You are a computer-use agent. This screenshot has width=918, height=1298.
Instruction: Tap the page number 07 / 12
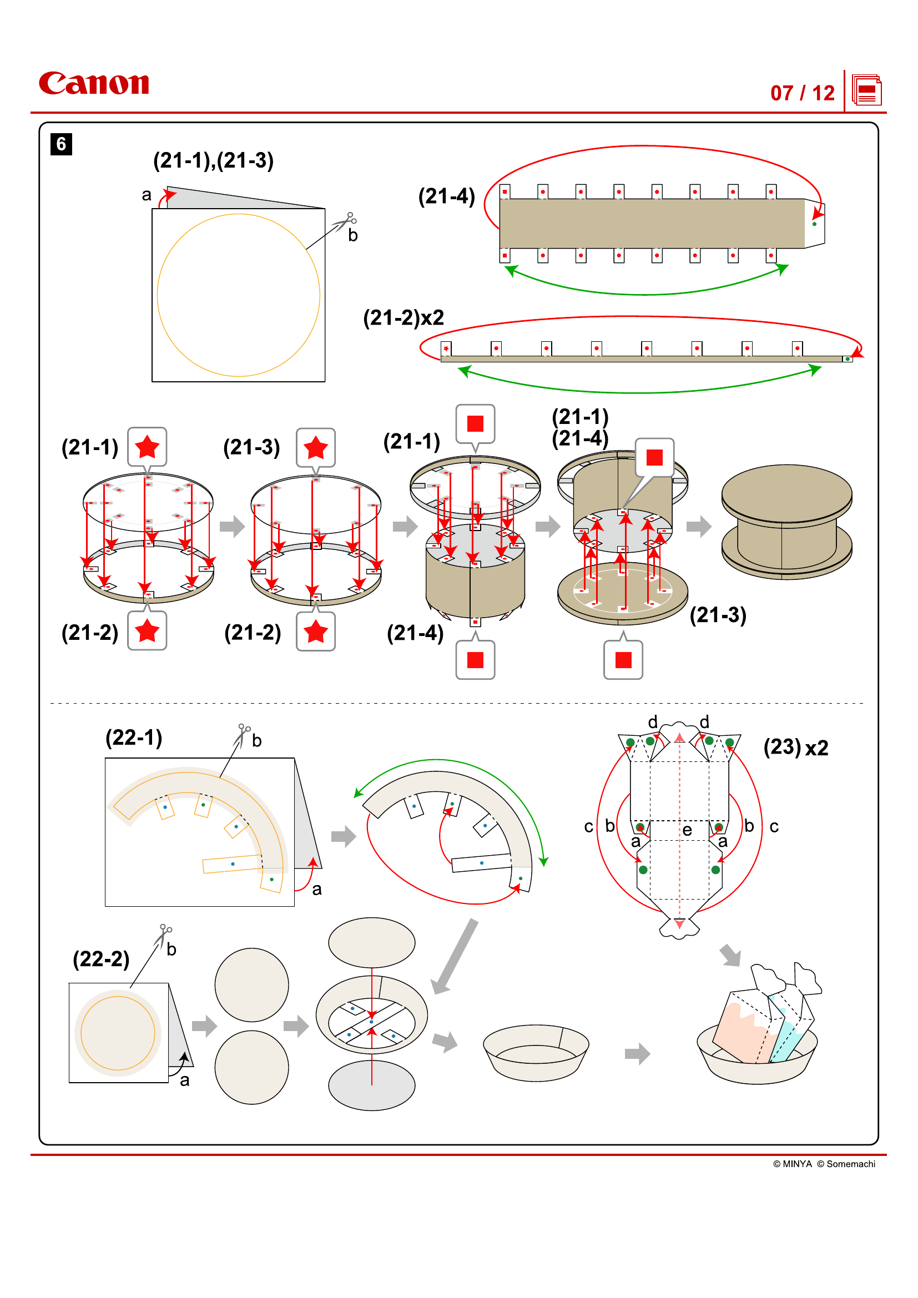pyautogui.click(x=801, y=93)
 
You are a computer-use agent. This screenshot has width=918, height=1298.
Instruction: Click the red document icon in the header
pyautogui.click(x=866, y=90)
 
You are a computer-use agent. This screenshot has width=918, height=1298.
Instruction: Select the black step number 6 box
pyautogui.click(x=61, y=144)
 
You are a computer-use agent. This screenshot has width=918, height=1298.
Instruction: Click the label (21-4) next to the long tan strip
pyautogui.click(x=446, y=196)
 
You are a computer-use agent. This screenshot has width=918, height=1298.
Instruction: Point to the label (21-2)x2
pyautogui.click(x=403, y=318)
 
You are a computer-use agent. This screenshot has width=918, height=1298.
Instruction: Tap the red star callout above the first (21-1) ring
pyautogui.click(x=147, y=447)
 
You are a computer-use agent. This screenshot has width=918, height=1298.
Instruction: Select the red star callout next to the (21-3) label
pyautogui.click(x=315, y=447)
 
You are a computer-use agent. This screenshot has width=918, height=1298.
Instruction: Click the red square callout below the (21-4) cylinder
pyautogui.click(x=475, y=659)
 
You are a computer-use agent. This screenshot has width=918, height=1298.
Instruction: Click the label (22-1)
pyautogui.click(x=133, y=737)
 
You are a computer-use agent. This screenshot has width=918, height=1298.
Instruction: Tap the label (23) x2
pyautogui.click(x=795, y=748)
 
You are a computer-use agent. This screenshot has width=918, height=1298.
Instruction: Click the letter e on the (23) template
pyautogui.click(x=687, y=830)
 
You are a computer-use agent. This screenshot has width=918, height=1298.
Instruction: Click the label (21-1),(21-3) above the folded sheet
pyautogui.click(x=213, y=160)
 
